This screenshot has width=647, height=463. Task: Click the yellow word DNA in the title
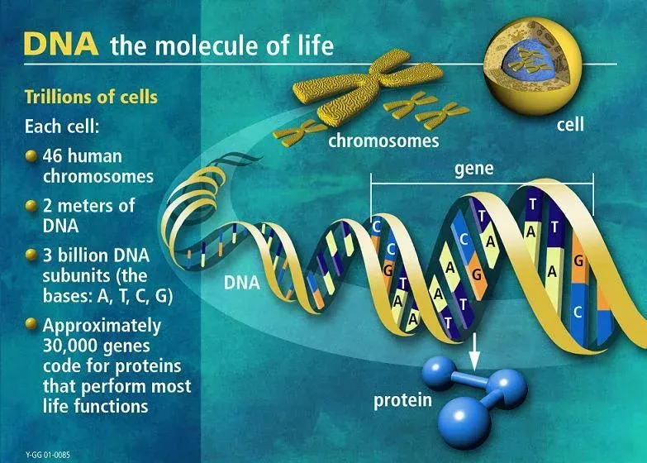click(61, 44)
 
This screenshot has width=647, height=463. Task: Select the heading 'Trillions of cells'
click(91, 97)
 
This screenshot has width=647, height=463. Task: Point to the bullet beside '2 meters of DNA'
click(31, 206)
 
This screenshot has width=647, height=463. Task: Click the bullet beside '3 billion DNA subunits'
click(31, 255)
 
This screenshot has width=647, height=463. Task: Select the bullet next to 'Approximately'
click(31, 324)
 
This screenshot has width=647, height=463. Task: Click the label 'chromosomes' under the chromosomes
click(383, 141)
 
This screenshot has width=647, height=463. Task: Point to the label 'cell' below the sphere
click(570, 124)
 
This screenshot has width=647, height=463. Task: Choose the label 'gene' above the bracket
click(474, 169)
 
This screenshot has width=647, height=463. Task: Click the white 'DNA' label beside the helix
click(242, 283)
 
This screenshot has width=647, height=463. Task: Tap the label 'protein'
click(402, 401)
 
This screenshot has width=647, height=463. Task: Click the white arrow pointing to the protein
click(474, 351)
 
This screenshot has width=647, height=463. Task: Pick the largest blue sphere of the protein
click(465, 422)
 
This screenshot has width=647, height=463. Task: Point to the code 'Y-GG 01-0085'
click(47, 455)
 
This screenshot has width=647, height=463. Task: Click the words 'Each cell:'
click(62, 126)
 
